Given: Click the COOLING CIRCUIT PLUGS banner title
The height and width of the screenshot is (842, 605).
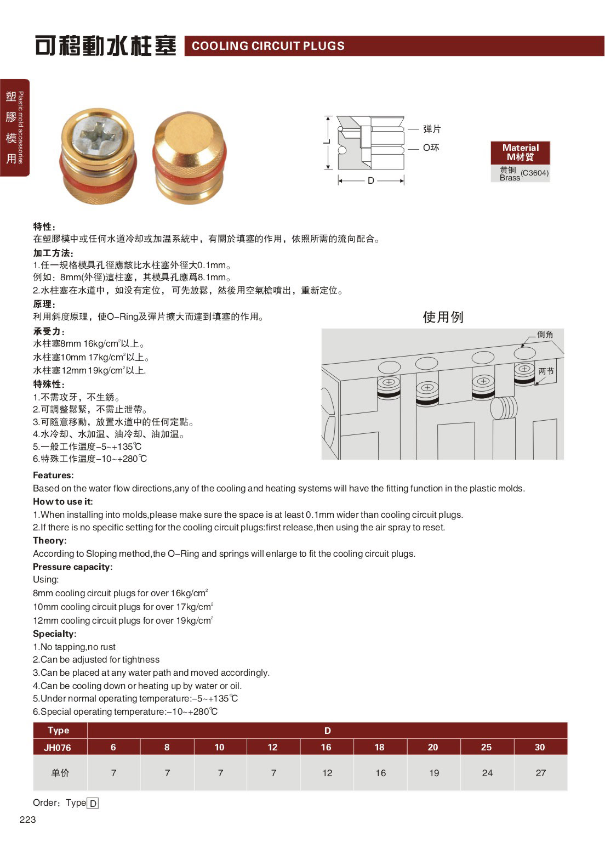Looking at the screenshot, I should (x=268, y=46).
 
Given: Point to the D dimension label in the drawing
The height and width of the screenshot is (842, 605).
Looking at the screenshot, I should (x=371, y=180).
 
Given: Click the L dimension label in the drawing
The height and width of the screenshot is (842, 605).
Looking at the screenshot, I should (x=327, y=142).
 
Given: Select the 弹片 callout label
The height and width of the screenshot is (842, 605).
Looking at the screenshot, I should (x=432, y=129).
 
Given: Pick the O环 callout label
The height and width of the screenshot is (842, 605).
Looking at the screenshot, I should (x=431, y=148).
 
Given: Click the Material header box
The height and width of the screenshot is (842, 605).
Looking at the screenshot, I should (x=520, y=152).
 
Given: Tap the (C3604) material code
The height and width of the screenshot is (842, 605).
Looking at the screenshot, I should (x=534, y=173).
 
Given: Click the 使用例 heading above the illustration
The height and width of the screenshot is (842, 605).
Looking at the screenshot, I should (x=443, y=317).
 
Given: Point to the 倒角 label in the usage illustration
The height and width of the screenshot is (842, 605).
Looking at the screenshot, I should (x=545, y=335).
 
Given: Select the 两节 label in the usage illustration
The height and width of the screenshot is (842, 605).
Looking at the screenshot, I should (x=546, y=371).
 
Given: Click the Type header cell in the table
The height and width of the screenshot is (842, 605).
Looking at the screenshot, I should (x=59, y=730).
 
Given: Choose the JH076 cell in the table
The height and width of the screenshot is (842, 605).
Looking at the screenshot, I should (x=58, y=747).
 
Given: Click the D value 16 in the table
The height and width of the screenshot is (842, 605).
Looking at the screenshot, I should (x=326, y=747).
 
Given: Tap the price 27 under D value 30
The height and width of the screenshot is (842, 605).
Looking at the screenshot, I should (x=540, y=773).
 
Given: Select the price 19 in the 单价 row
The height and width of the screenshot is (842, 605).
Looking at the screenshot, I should (x=434, y=773).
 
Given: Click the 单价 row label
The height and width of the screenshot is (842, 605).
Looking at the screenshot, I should (x=60, y=773).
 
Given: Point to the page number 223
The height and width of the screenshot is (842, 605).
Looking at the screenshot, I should (x=27, y=820).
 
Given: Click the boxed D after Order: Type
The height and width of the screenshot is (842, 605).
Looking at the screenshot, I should (x=93, y=804).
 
